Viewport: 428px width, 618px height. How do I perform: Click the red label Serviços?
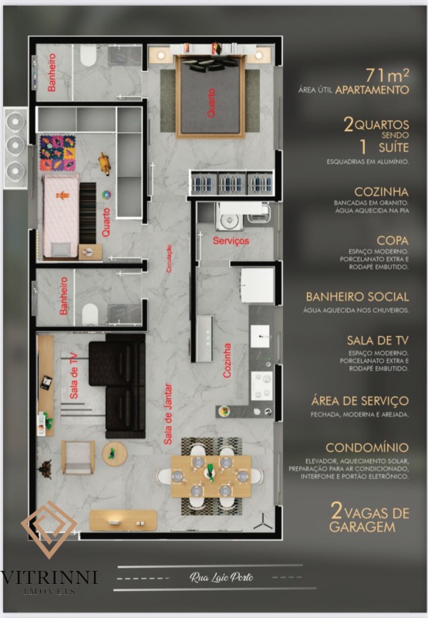coord(231,241)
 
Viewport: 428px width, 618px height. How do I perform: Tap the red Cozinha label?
coord(227,360)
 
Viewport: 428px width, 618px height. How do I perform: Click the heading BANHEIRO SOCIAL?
coord(357,297)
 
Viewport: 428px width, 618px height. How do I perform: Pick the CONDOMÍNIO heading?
coord(367,448)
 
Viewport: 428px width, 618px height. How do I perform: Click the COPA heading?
coord(393,241)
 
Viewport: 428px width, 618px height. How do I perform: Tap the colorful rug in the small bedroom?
coord(58,148)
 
